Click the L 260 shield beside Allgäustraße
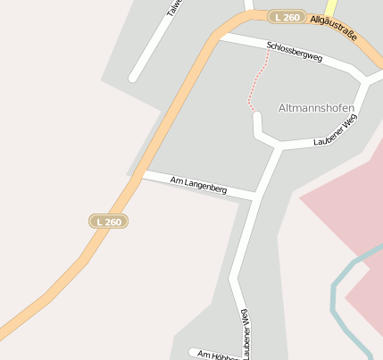pos(288,17)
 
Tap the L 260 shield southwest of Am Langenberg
pos(108,221)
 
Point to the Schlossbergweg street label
pos(294,50)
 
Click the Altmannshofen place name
pos(316,108)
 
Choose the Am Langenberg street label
pos(198,185)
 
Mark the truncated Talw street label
pos(174,8)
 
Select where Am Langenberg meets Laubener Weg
pos(256,194)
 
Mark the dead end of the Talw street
pos(134,77)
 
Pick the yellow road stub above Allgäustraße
pos(330,7)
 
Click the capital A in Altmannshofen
pos(282,108)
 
